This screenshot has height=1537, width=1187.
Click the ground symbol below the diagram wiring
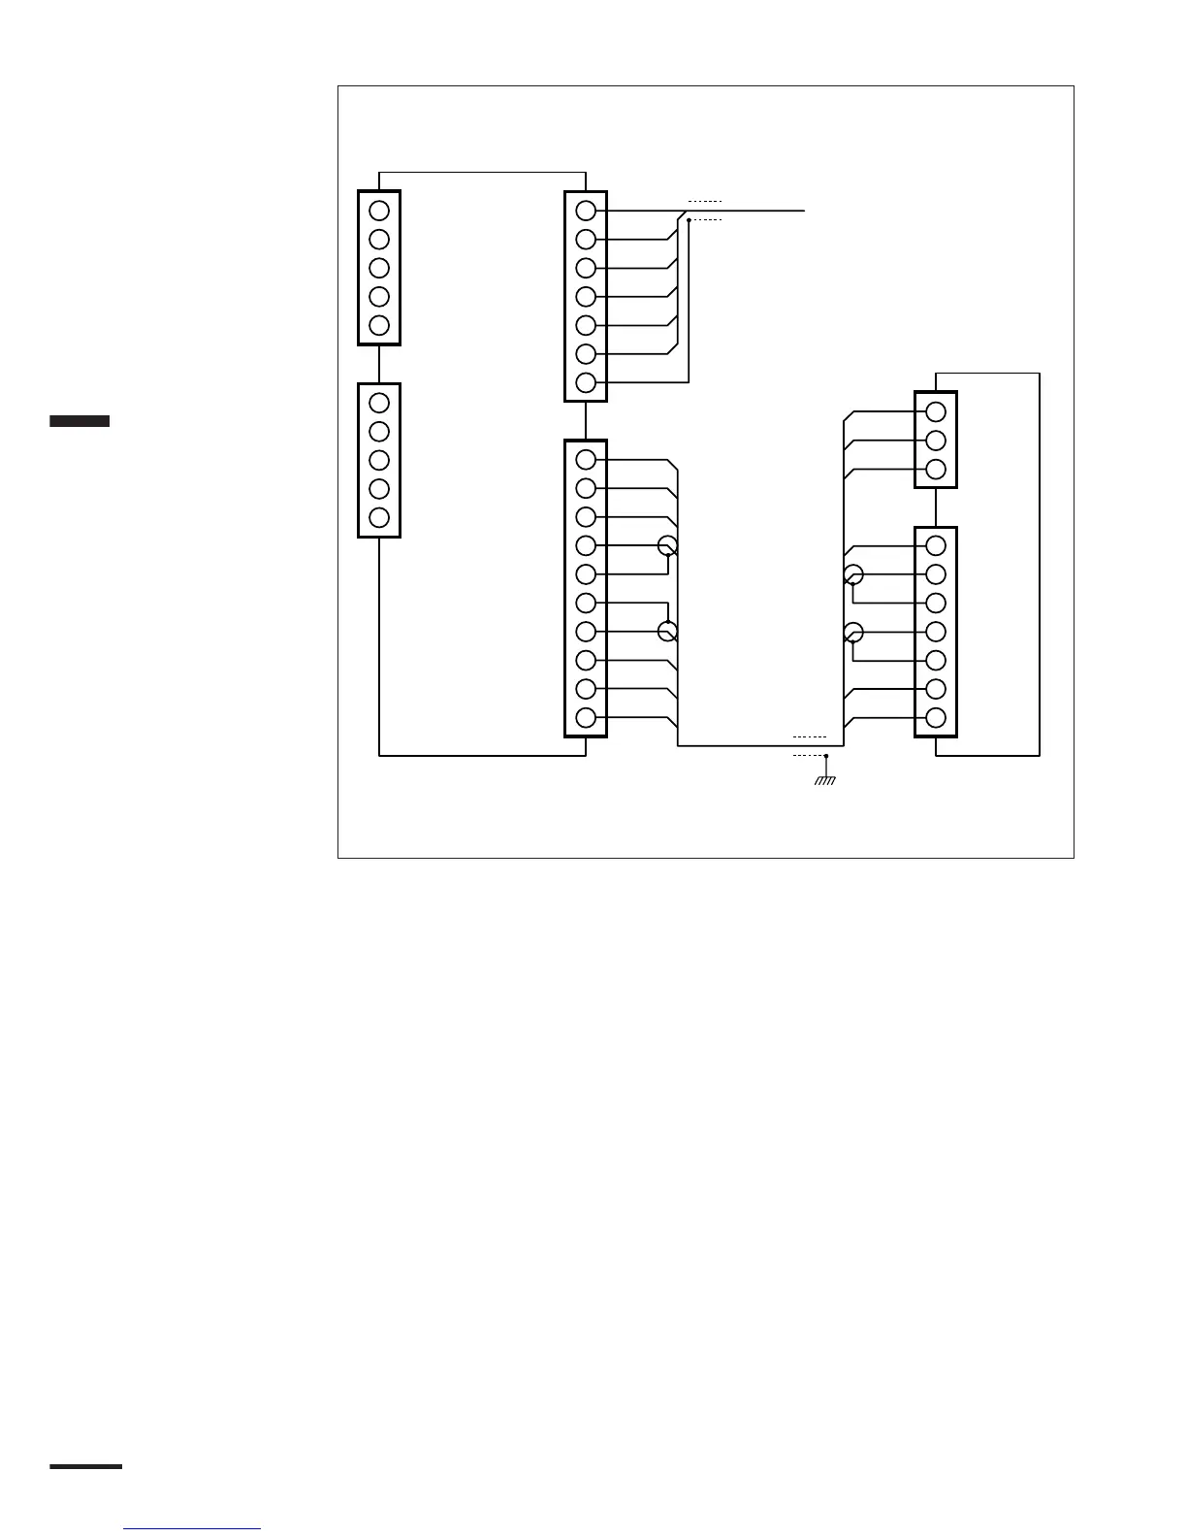825,779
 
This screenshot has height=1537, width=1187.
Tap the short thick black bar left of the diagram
80,421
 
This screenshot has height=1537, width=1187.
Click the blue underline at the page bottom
192,1529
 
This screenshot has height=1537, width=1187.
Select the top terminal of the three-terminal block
936,411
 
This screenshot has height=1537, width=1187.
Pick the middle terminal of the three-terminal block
936,441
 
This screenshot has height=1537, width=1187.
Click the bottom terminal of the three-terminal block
936,470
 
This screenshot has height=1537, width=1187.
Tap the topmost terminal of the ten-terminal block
586,459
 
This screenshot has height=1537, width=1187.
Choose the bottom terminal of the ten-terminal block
586,718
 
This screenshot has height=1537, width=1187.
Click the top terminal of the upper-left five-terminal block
379,211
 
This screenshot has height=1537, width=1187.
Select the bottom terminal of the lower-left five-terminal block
379,517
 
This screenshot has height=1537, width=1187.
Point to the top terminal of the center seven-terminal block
586,211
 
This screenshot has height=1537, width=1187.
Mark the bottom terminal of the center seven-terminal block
586,382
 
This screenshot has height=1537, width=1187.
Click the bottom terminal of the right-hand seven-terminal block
936,718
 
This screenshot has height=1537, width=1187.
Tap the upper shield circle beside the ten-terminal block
667,545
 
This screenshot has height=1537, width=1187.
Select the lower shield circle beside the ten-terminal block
667,632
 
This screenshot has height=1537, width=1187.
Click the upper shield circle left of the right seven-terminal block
853,574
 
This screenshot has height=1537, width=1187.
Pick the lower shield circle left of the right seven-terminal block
853,633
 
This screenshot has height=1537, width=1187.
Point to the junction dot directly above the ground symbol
825,755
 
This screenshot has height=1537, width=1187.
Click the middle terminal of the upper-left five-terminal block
379,268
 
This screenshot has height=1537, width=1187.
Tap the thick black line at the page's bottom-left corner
86,1466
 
